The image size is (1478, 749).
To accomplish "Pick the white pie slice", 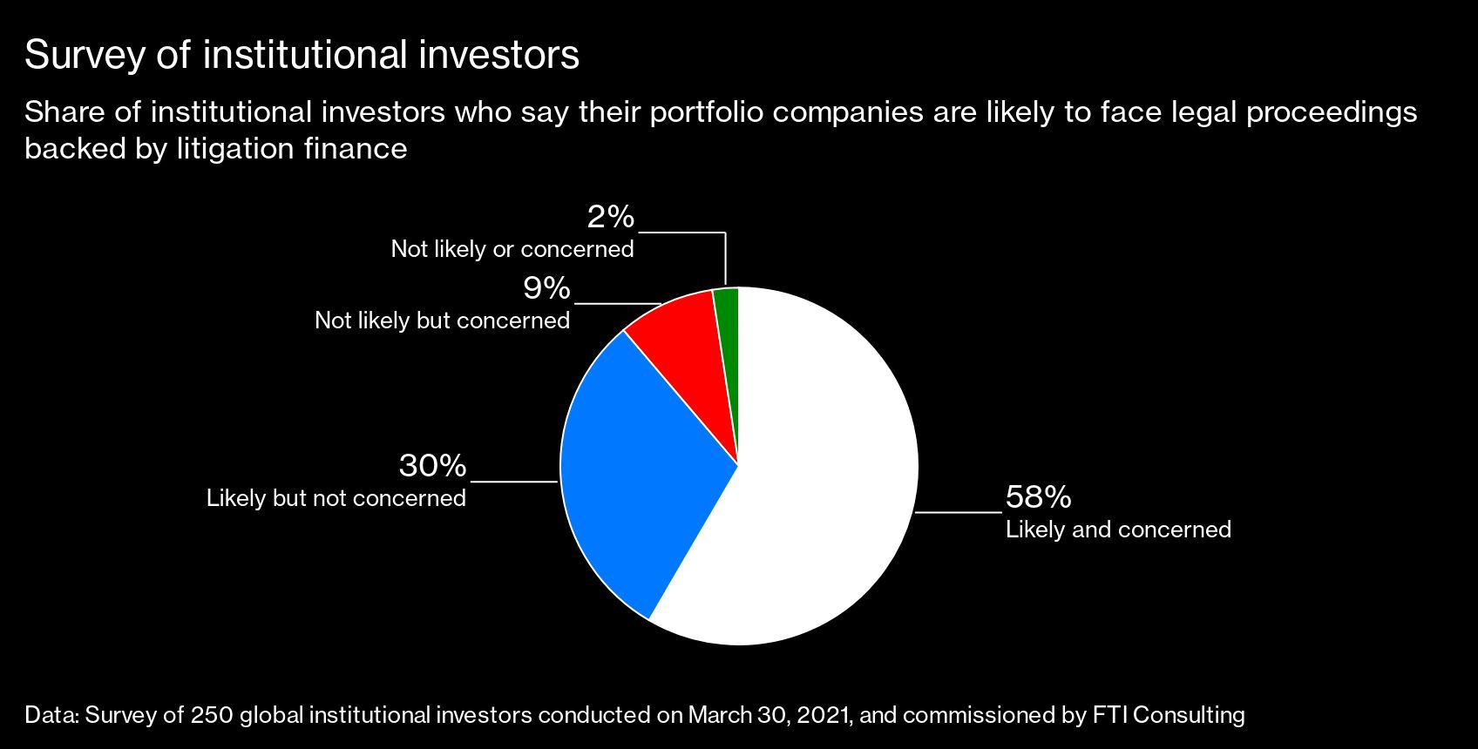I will pyautogui.click(x=810, y=488).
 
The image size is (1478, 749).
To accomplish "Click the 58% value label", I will pyautogui.click(x=1038, y=497).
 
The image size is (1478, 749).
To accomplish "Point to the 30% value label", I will pyautogui.click(x=432, y=466).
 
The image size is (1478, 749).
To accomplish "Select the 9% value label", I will pyautogui.click(x=546, y=288).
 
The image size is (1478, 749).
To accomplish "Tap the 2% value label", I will pyautogui.click(x=610, y=217).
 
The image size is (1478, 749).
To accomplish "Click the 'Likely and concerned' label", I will pyautogui.click(x=1118, y=530).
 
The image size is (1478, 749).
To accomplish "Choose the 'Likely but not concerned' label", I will pyautogui.click(x=336, y=498).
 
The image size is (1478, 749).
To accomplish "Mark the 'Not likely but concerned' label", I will pyautogui.click(x=442, y=321).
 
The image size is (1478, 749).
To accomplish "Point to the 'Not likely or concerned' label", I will pyautogui.click(x=512, y=249).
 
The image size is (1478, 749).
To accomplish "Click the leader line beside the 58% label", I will pyautogui.click(x=959, y=513).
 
